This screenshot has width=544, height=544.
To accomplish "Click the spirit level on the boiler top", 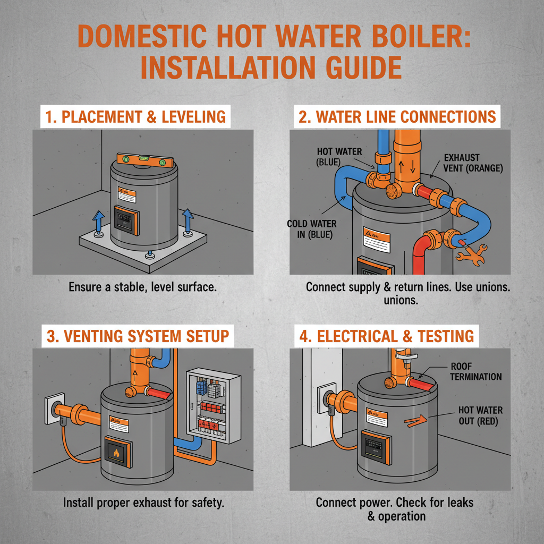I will [x=145, y=158].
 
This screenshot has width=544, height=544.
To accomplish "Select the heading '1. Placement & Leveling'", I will [x=135, y=117].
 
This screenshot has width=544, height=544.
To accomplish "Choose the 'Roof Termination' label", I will [x=475, y=371].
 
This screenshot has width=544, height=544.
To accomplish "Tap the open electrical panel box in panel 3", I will [x=212, y=406].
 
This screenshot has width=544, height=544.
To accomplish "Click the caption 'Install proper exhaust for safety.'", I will [x=143, y=502].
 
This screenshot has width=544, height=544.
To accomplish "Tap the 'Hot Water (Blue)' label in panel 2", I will [x=339, y=156].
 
